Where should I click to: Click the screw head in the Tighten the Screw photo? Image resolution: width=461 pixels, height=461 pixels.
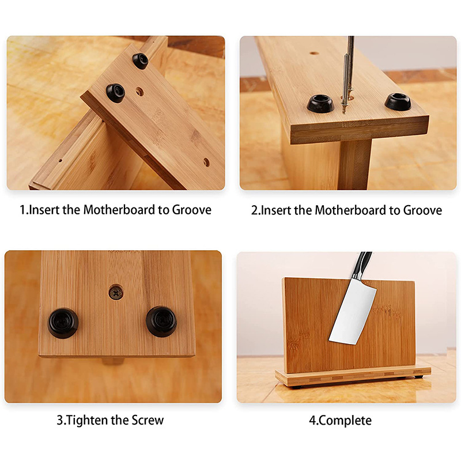coord(116,293)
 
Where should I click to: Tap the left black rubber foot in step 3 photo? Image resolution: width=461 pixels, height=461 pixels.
coord(63,323)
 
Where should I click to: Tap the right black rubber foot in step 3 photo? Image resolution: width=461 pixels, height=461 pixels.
coord(161,322)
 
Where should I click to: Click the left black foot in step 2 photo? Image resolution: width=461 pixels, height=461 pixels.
coord(320,104)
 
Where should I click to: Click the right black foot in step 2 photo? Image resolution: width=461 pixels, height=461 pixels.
coord(398,102)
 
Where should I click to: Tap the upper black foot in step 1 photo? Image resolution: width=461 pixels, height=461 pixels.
coord(140,61)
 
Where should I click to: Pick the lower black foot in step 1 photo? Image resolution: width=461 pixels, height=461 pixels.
coord(116,93)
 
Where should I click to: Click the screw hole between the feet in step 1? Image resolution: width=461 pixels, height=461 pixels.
coord(139,92)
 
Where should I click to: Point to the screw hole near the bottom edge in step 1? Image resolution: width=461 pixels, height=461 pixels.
coord(206,162)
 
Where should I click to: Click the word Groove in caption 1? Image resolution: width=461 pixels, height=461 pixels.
coord(192,210)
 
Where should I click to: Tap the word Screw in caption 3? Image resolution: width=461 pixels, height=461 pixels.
coord(148,420)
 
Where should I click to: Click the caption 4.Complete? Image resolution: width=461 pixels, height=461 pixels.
coord(340,421)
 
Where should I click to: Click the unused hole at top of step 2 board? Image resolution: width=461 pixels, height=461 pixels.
coord(314,53)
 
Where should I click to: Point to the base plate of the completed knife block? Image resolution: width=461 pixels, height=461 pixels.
coord(353,377)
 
